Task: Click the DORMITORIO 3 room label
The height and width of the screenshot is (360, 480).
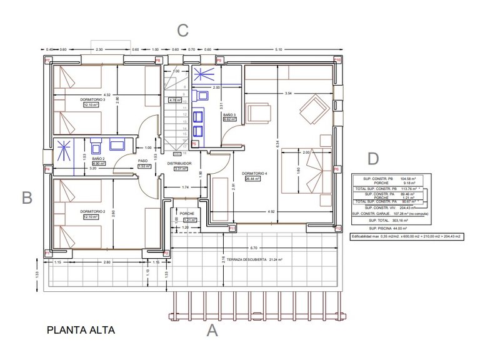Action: pyautogui.click(x=92, y=99)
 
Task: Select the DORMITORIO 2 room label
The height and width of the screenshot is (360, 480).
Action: pyautogui.click(x=92, y=211)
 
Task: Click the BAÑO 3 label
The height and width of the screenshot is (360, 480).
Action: pyautogui.click(x=229, y=115)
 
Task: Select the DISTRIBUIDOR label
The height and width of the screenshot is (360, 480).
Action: pyautogui.click(x=179, y=162)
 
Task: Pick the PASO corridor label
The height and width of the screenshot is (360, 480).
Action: pyautogui.click(x=142, y=161)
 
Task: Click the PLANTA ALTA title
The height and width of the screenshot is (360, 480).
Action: pyautogui.click(x=81, y=328)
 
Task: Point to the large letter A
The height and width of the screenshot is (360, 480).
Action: pyautogui.click(x=212, y=331)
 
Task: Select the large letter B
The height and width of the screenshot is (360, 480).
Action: pyautogui.click(x=27, y=198)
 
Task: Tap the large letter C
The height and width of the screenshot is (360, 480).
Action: pyautogui.click(x=182, y=30)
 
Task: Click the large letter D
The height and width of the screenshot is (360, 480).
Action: pyautogui.click(x=373, y=159)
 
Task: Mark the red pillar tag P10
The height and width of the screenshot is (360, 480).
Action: pyautogui.click(x=337, y=60)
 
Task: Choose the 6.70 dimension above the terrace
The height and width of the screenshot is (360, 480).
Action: pyautogui.click(x=253, y=247)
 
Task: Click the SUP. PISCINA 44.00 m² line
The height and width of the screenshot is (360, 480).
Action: pyautogui.click(x=389, y=229)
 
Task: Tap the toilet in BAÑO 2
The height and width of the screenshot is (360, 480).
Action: pyautogui.click(x=96, y=146)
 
